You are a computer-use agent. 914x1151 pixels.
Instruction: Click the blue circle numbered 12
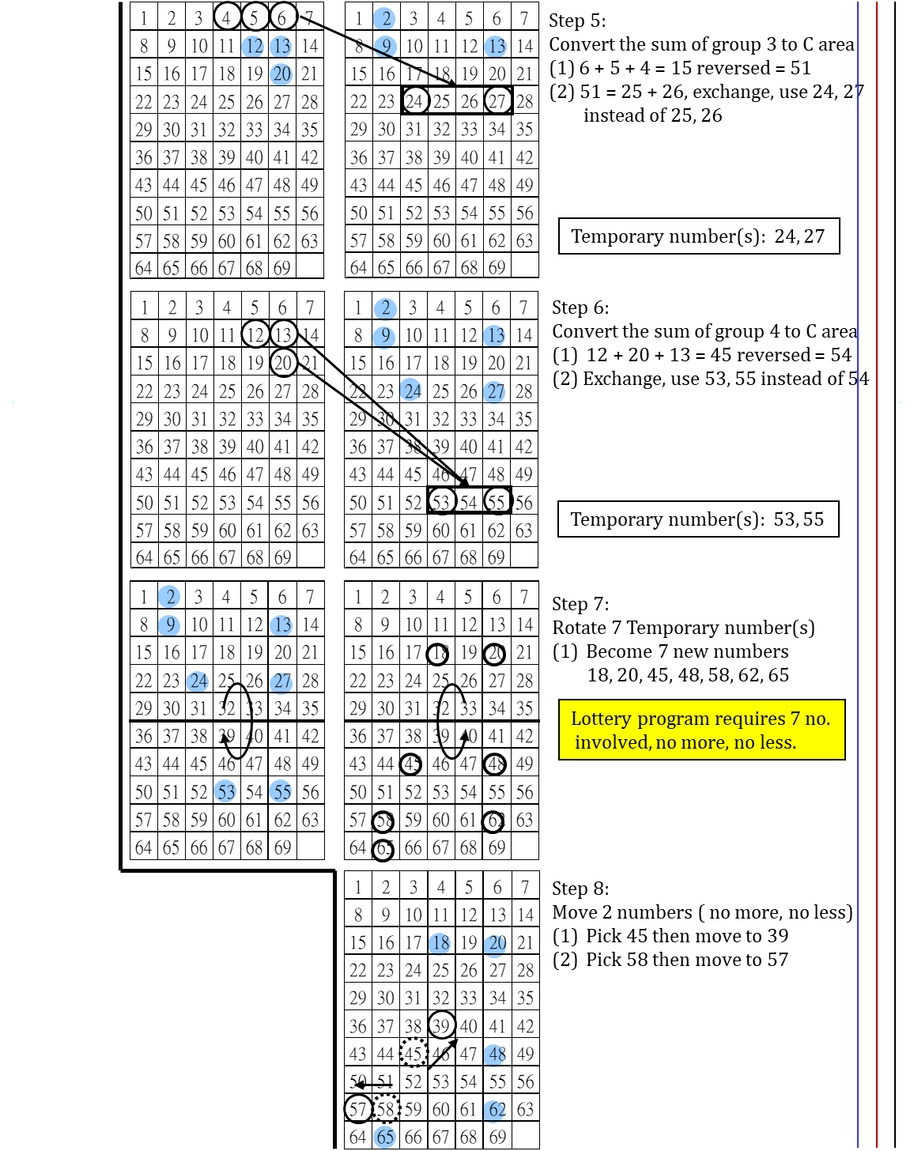pyautogui.click(x=252, y=47)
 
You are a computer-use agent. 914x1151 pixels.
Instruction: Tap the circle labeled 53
pyautogui.click(x=225, y=791)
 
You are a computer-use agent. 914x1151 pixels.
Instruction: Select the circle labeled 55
pyautogui.click(x=281, y=791)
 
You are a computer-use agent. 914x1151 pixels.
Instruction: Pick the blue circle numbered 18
pyautogui.click(x=440, y=943)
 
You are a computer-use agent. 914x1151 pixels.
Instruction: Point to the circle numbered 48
pyautogui.click(x=494, y=1055)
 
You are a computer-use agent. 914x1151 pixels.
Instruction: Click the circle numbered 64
pyautogui.click(x=494, y=1111)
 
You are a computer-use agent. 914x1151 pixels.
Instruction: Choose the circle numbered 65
pyautogui.click(x=384, y=1137)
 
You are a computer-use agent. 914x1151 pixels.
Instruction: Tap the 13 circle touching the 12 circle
pyautogui.click(x=281, y=47)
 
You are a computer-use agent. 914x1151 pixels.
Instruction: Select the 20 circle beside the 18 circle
pyautogui.click(x=495, y=944)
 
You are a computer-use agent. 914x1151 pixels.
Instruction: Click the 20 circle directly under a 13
pyautogui.click(x=281, y=74)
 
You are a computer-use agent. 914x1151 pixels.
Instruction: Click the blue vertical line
pyautogui.click(x=858, y=553)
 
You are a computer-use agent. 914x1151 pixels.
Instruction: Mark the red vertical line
pyautogui.click(x=877, y=553)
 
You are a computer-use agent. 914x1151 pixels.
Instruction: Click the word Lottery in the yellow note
pyautogui.click(x=601, y=719)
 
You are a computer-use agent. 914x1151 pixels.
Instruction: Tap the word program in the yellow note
pyautogui.click(x=673, y=719)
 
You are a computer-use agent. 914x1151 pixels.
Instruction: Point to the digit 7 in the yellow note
pyautogui.click(x=795, y=719)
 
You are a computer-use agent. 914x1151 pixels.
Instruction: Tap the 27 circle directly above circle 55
pyautogui.click(x=281, y=682)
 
